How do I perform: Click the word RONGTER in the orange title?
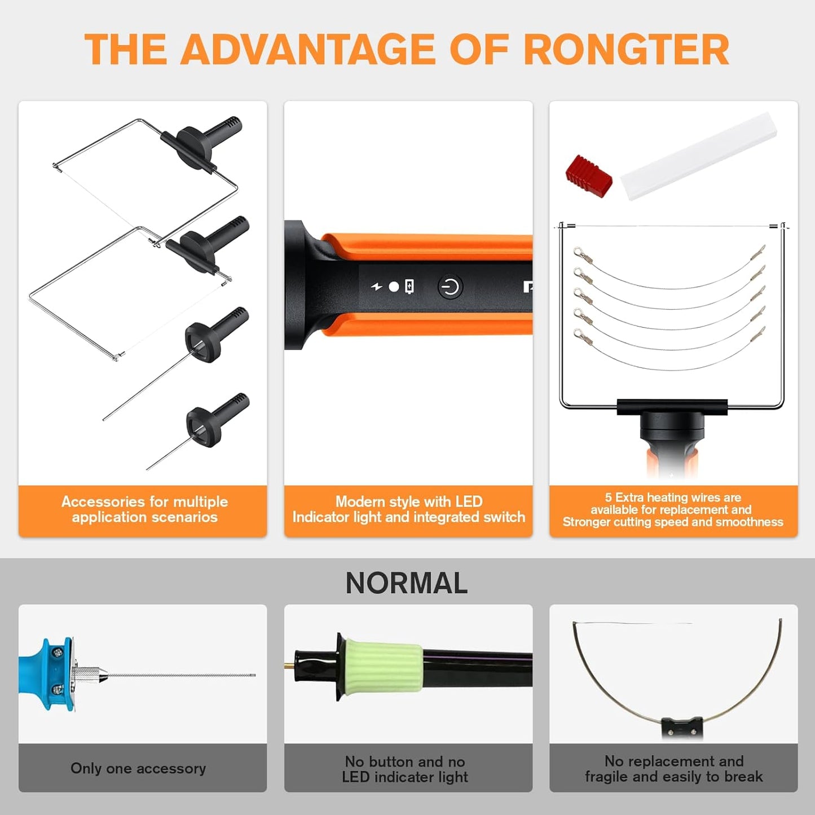point(627,49)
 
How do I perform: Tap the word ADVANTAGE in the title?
point(308,49)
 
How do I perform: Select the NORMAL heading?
point(407,583)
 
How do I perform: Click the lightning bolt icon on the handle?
point(376,287)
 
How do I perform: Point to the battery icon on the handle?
point(409,287)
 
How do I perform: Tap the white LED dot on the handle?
point(394,287)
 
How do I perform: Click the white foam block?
point(699,156)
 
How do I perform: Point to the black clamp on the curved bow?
point(682,728)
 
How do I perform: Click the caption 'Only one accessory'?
point(138,769)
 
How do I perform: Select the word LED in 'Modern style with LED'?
point(469,501)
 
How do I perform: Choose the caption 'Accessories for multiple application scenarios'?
point(144,509)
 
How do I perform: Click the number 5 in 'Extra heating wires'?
point(608,497)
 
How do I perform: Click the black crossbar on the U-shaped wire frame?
point(672,407)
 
